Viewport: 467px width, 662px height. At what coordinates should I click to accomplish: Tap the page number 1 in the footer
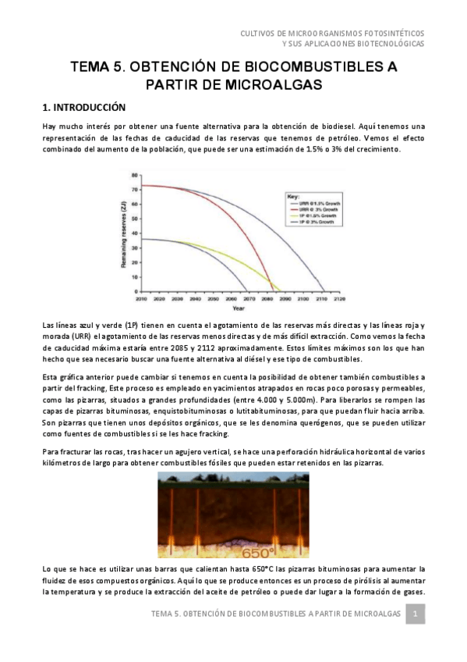point(416,615)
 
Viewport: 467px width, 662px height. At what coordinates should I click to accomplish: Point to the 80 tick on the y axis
point(135,176)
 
